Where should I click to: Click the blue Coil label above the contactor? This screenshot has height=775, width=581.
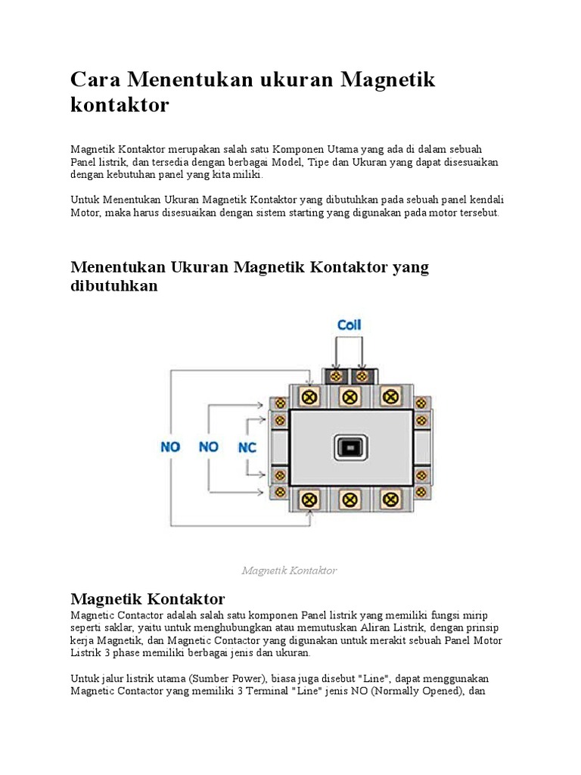(349, 325)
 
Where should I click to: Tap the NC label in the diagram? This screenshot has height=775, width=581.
(247, 447)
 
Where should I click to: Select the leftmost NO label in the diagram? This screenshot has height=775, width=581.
(170, 447)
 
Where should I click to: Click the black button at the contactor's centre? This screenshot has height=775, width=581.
(349, 448)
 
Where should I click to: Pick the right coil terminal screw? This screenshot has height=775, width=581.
(362, 375)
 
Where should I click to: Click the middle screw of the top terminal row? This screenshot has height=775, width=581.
(349, 396)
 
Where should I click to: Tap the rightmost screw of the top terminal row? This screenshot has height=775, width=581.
(390, 396)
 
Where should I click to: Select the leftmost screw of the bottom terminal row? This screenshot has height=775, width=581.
(308, 500)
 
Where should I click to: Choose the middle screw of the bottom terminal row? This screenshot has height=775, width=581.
(349, 500)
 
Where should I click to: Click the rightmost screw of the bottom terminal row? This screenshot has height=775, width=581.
(390, 500)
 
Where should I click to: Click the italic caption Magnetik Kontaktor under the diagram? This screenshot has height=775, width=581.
(289, 571)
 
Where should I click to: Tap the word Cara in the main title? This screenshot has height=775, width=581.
(96, 79)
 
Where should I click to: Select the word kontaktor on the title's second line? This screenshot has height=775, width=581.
(120, 104)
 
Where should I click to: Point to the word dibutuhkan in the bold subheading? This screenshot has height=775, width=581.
(114, 286)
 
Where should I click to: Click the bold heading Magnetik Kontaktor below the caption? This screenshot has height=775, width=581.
(148, 599)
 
